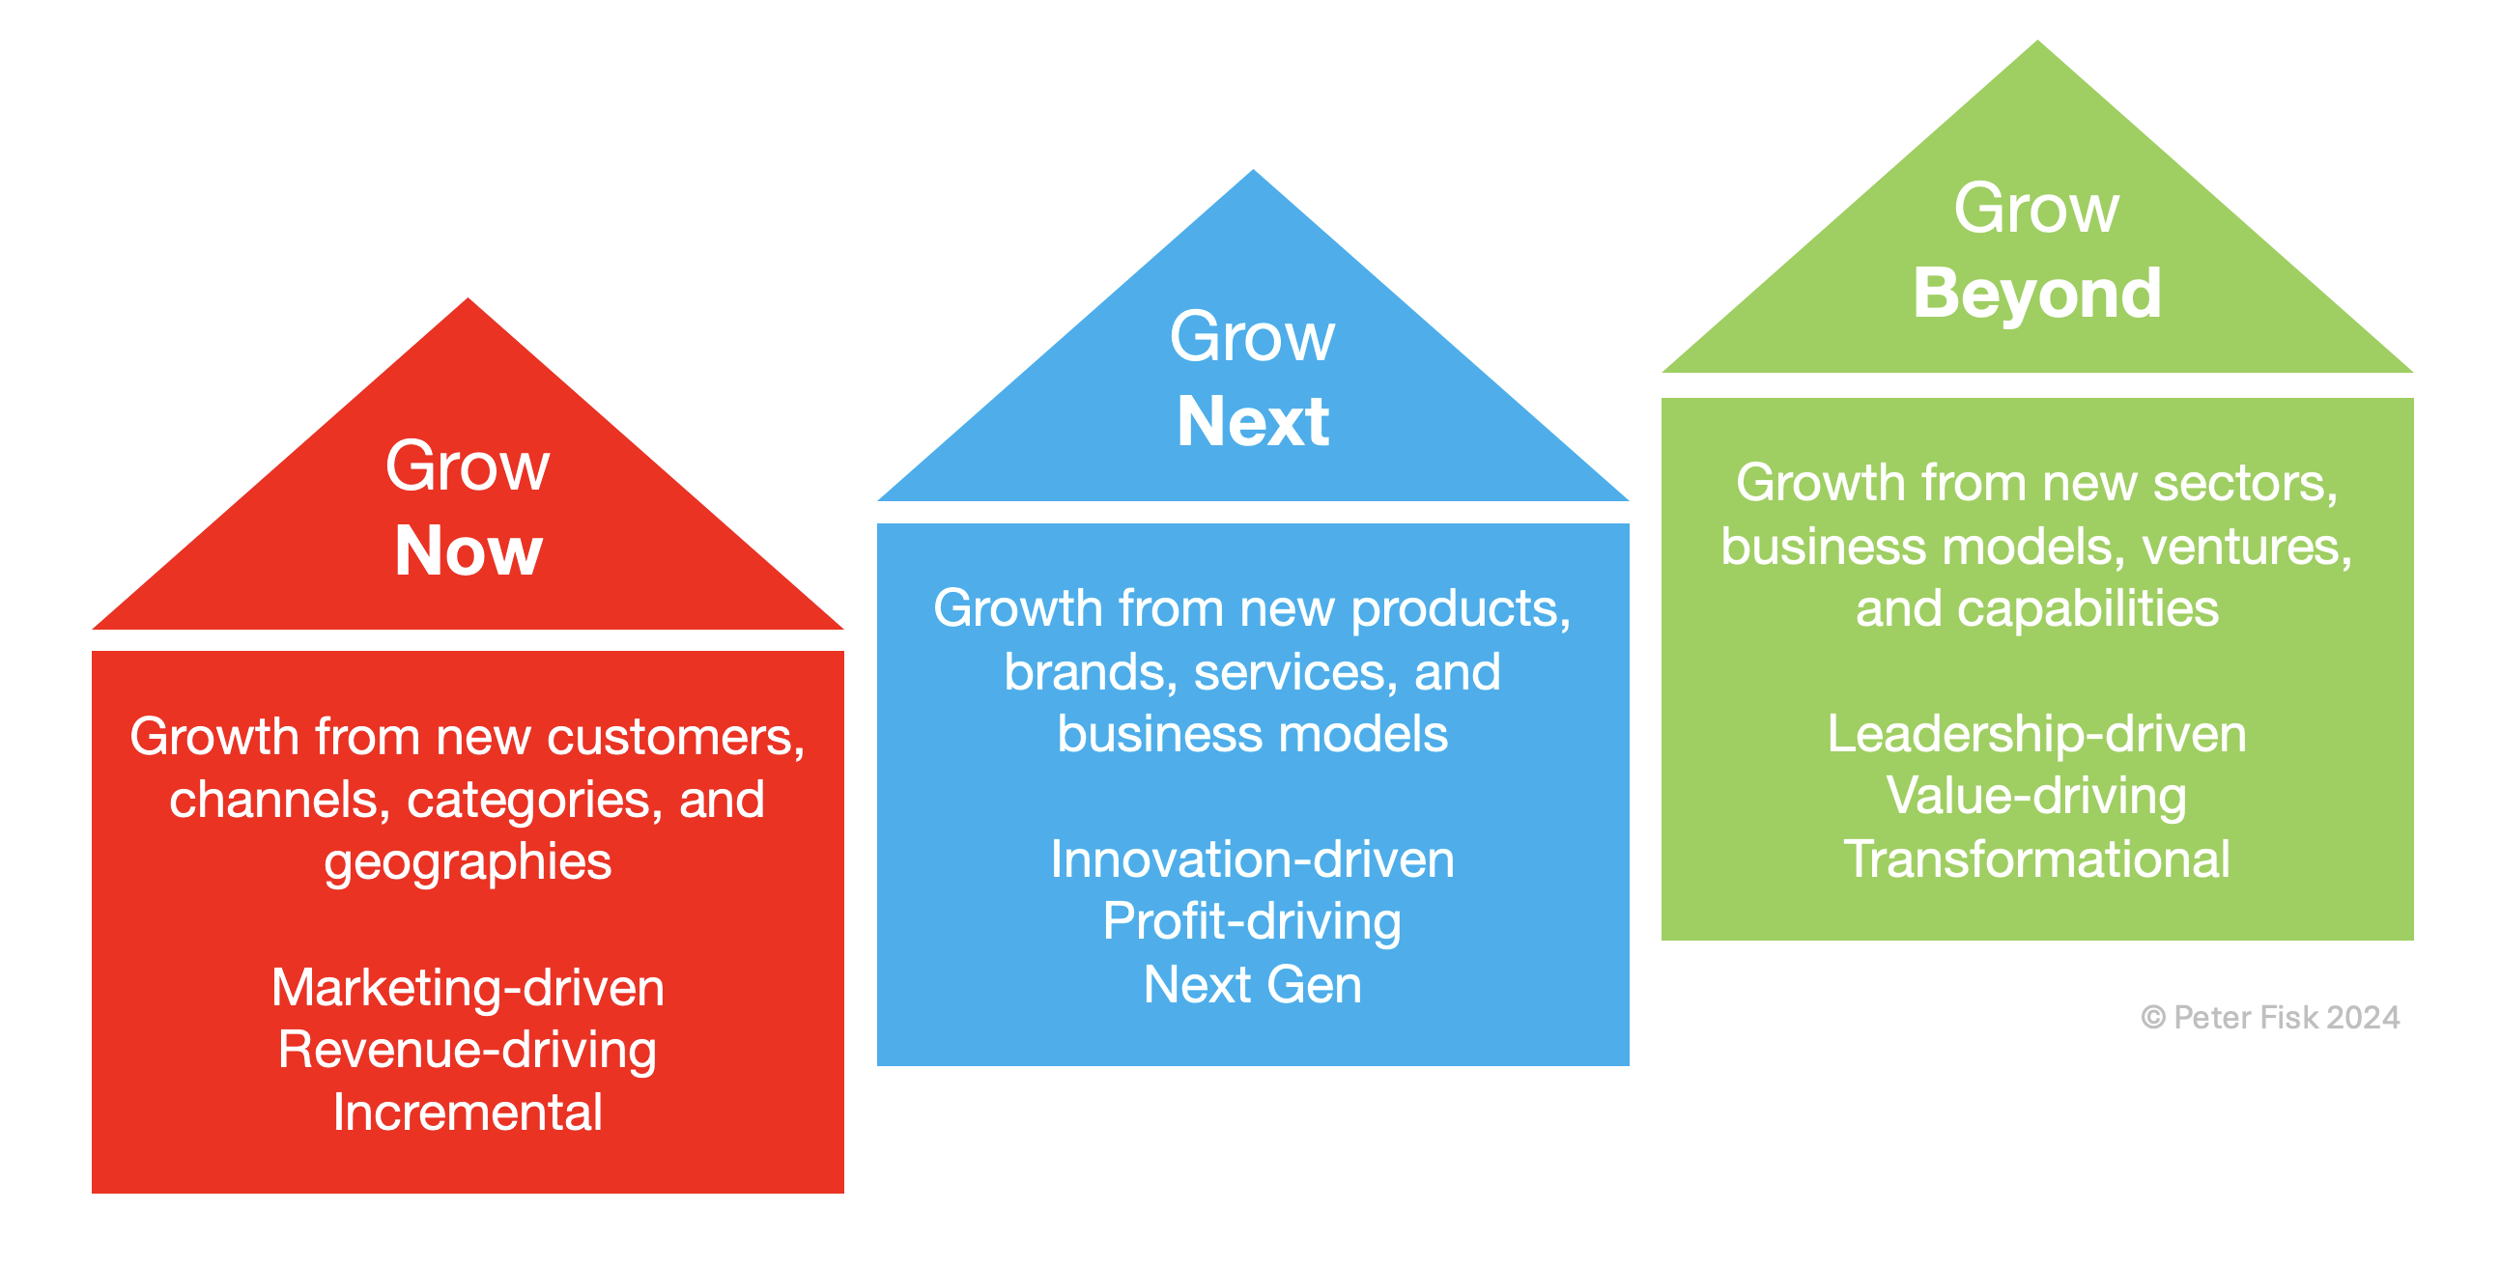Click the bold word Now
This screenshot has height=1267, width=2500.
[x=468, y=550]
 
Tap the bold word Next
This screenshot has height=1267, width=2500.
[x=1252, y=422]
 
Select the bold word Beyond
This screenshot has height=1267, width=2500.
[x=2037, y=294]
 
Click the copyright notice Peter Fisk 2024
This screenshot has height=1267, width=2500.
[x=2270, y=1017]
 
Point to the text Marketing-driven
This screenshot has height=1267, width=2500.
[x=468, y=988]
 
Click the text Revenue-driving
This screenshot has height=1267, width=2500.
[x=468, y=1051]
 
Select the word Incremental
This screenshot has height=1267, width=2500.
[x=468, y=1112]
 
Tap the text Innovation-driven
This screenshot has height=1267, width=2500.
[x=1252, y=859]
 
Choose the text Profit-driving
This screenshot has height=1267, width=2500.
[x=1252, y=922]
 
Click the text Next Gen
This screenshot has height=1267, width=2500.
[x=1252, y=985]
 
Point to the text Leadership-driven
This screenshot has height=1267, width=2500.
[x=2037, y=734]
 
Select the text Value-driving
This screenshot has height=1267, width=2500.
[x=2037, y=798]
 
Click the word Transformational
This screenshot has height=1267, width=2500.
[x=2037, y=859]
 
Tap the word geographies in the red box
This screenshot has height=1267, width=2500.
[x=468, y=863]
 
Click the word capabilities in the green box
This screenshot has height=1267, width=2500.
[x=2088, y=610]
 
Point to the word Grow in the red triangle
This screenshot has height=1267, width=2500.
[x=468, y=466]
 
